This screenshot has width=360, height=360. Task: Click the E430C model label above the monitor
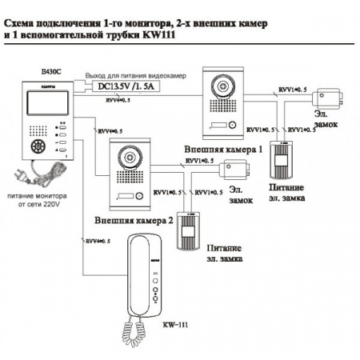[37, 73]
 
